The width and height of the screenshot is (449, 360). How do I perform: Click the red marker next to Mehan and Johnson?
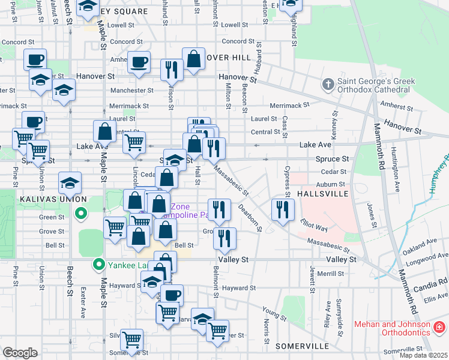point(440,327)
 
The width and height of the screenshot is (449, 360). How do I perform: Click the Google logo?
point(20,353)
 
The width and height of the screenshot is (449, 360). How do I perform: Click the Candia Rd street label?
point(435,281)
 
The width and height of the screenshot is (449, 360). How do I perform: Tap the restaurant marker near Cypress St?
point(282,209)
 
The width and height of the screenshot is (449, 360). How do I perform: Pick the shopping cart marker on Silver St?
point(131,340)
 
